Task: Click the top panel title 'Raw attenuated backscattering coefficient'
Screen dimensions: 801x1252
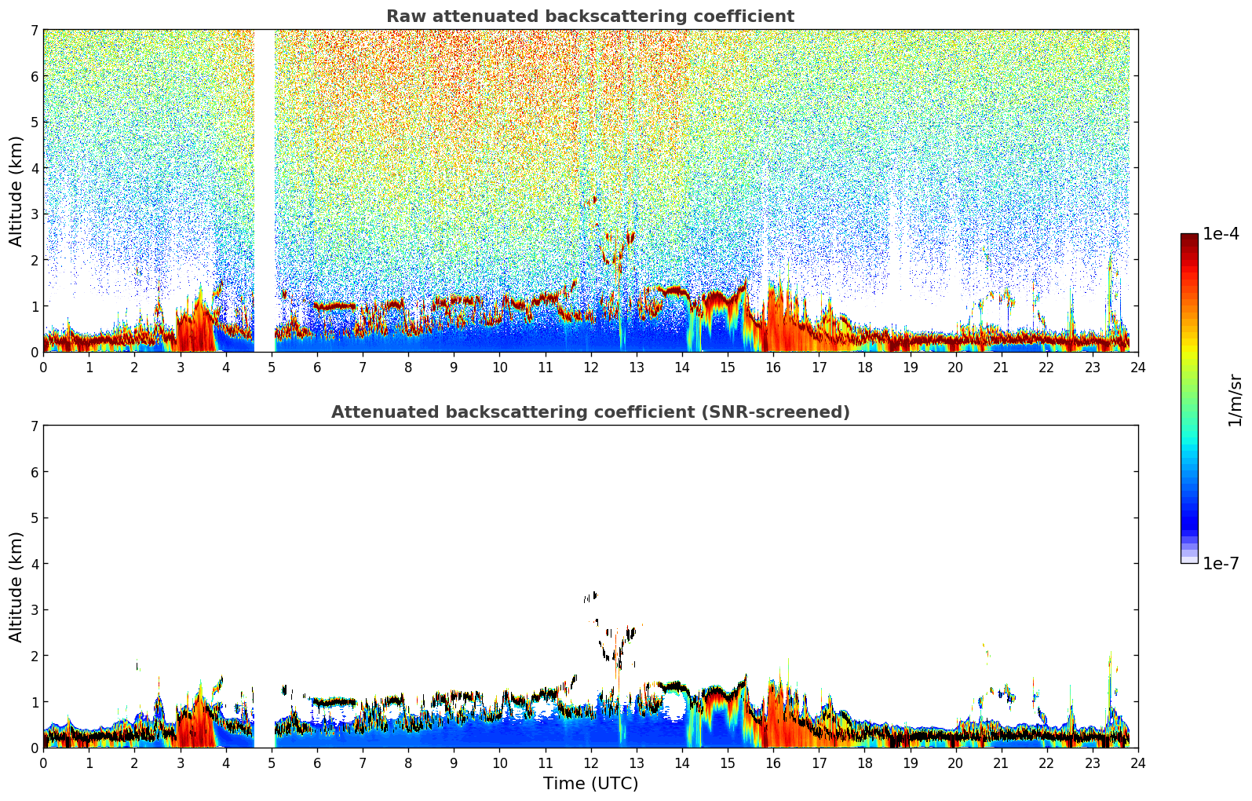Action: tap(589, 16)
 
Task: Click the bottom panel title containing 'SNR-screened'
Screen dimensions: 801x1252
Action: tap(589, 412)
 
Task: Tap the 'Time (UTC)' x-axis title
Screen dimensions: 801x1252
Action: tap(590, 784)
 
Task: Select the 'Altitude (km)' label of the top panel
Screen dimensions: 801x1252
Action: tap(16, 191)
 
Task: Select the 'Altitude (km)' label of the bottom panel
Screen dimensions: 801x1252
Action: tap(16, 587)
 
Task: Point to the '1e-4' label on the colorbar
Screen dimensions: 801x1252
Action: tap(1221, 234)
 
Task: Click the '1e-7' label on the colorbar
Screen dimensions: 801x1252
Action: tap(1221, 563)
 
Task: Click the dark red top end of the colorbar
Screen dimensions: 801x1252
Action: tap(1189, 237)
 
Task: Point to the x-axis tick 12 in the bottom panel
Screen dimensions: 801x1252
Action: tap(590, 763)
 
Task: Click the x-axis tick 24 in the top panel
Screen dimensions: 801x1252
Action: tap(1137, 367)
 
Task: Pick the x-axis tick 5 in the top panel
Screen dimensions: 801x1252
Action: tap(272, 367)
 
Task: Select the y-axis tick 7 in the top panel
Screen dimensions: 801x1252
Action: tap(35, 31)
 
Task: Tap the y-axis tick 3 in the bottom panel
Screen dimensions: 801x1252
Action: tap(35, 610)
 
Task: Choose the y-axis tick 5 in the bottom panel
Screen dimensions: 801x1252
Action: tap(35, 518)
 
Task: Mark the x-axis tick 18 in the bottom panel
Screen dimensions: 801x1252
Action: tap(864, 763)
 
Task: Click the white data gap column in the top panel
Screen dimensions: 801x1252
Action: tap(264, 188)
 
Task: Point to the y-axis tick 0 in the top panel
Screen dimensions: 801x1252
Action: tap(35, 352)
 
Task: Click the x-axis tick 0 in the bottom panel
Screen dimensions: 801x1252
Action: tap(43, 763)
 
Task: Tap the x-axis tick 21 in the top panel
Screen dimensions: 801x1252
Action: tap(1001, 367)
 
